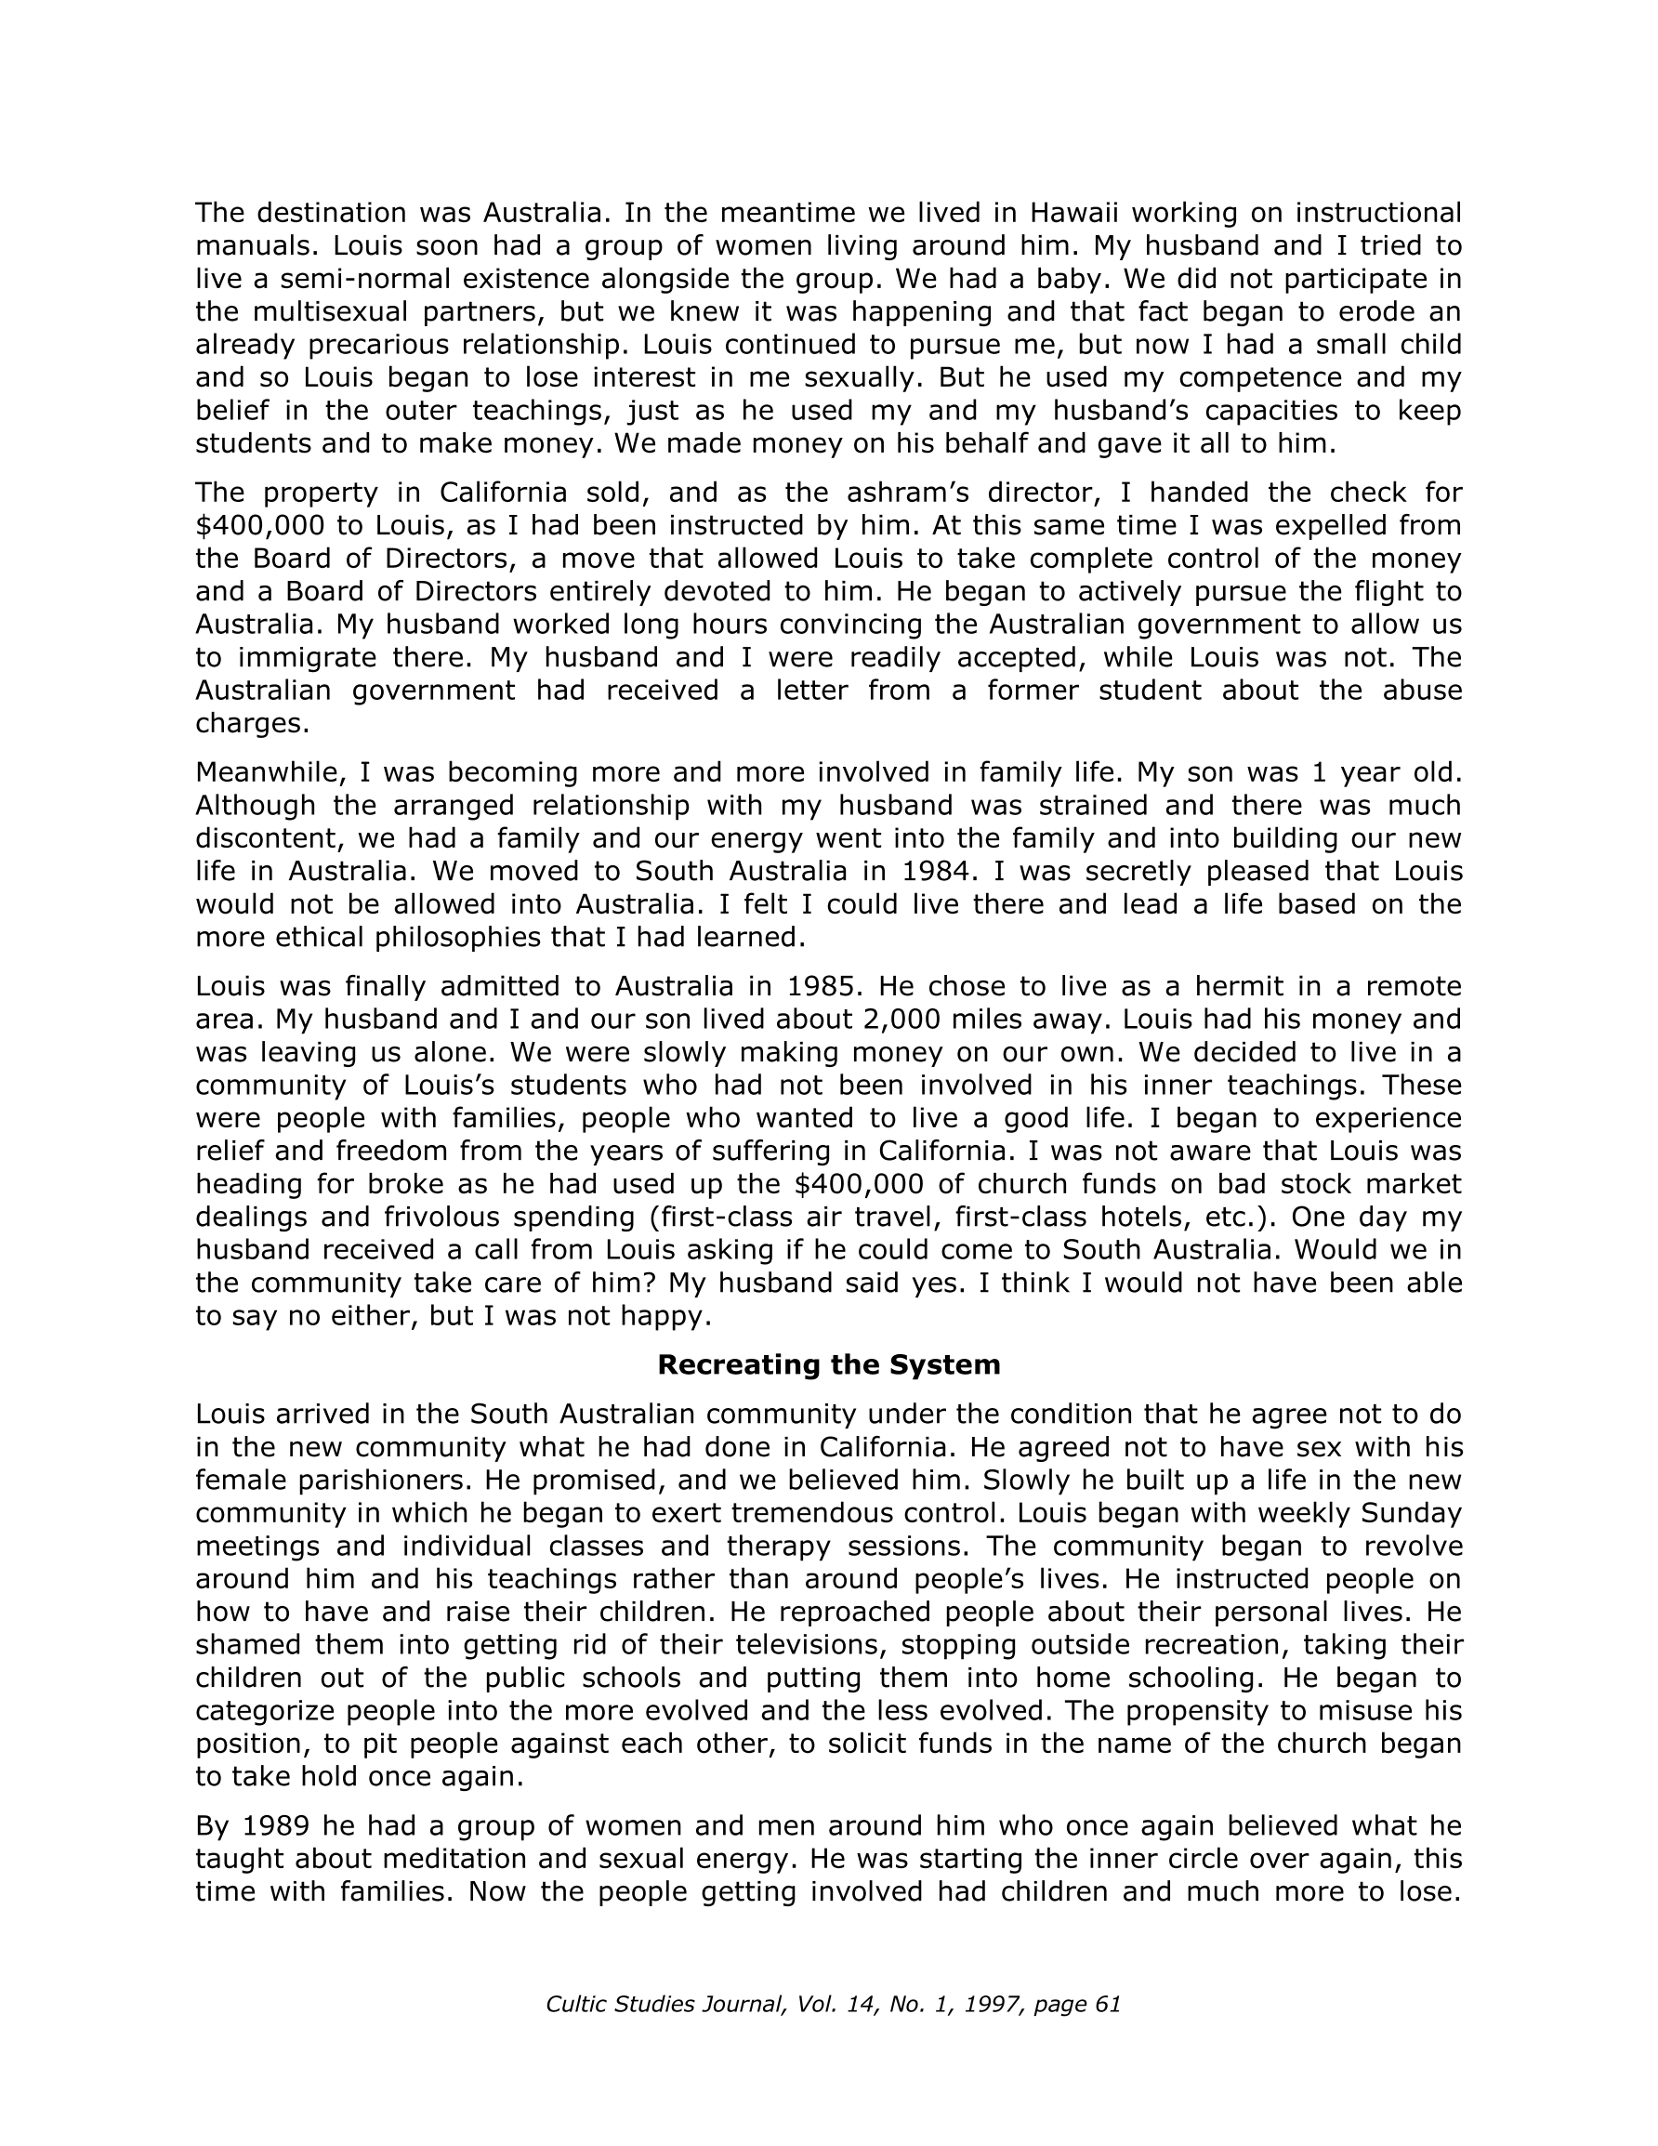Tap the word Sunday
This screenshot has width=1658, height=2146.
1407,1513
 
